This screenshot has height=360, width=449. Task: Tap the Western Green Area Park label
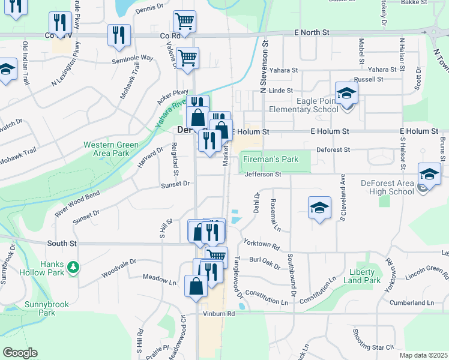pos(111,149)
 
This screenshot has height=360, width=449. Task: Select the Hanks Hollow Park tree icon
pos(73,266)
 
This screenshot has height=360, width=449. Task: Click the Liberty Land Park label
pos(365,276)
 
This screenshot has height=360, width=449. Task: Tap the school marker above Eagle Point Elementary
pos(346,94)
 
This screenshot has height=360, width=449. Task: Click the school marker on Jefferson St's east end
pos(429,175)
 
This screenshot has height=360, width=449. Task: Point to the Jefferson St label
pos(263,174)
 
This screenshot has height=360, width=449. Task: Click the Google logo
pos(20,353)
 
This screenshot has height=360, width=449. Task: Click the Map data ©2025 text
pos(423,355)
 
